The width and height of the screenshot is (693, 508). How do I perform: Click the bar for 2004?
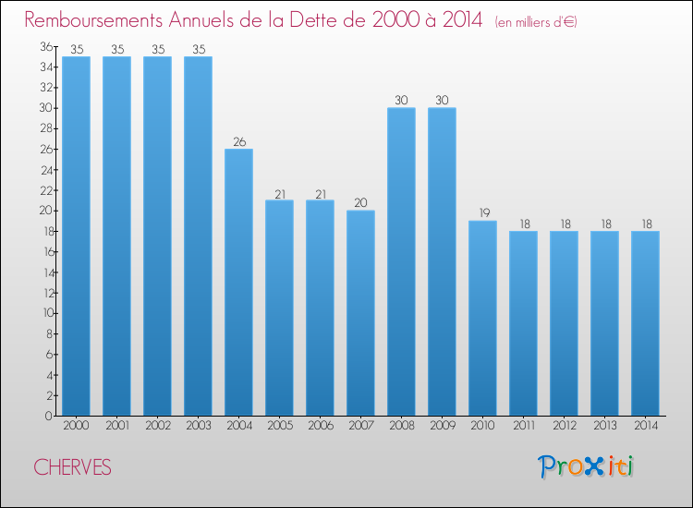pyautogui.click(x=238, y=282)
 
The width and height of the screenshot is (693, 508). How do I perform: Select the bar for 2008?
pyautogui.click(x=401, y=261)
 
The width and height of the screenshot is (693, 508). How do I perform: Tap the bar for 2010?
pyautogui.click(x=482, y=318)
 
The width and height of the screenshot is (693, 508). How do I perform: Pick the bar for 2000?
pyautogui.click(x=76, y=236)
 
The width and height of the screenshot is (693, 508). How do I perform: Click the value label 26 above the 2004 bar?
pyautogui.click(x=238, y=142)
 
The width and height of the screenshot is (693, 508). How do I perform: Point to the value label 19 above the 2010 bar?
pyautogui.click(x=482, y=213)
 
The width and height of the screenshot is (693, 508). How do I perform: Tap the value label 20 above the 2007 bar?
pyautogui.click(x=360, y=203)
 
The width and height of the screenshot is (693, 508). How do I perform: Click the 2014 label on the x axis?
pyautogui.click(x=645, y=427)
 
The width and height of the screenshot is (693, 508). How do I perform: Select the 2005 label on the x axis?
pyautogui.click(x=279, y=427)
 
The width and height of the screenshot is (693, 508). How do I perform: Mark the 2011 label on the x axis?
pyautogui.click(x=523, y=427)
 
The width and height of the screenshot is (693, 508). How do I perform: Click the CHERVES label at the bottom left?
pyautogui.click(x=72, y=468)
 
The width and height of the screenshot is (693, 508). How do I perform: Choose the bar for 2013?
pyautogui.click(x=604, y=322)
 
